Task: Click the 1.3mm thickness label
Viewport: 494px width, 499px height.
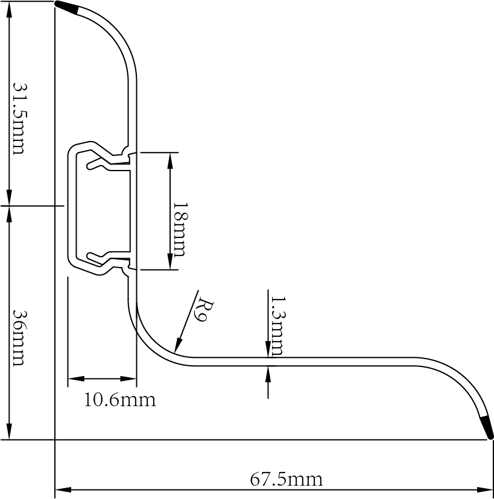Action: point(277,325)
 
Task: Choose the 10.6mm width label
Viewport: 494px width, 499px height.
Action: point(119,400)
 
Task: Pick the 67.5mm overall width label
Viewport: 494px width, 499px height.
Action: point(286,480)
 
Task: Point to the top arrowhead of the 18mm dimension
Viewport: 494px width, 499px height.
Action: point(171,158)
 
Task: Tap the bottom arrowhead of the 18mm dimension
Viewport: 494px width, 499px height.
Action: point(171,263)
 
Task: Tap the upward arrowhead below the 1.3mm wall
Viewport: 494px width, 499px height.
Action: point(268,374)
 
